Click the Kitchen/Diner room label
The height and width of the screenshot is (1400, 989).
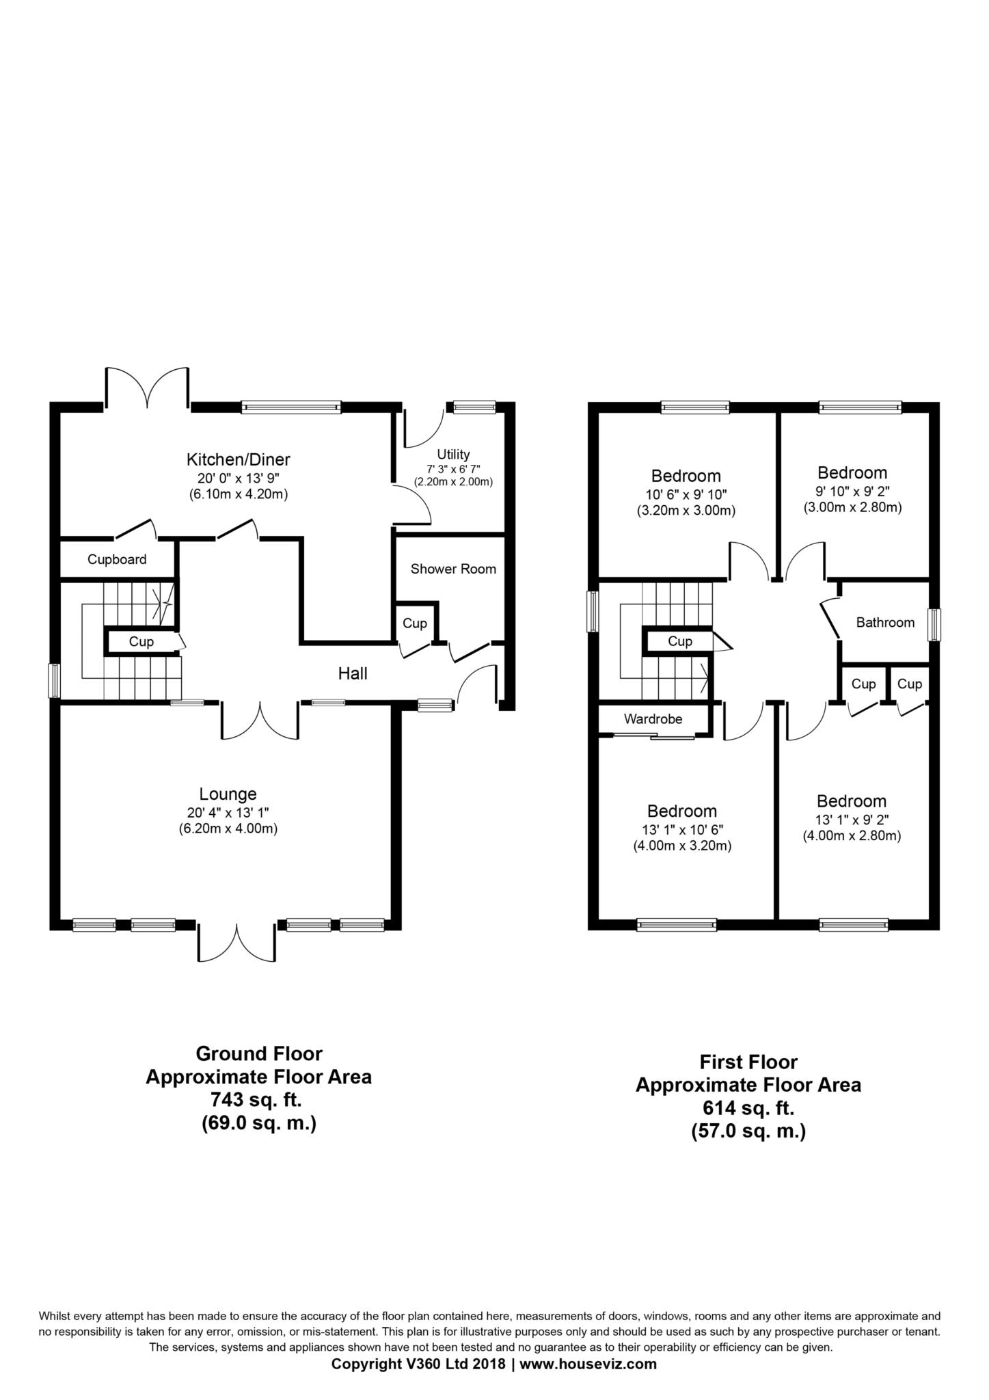(239, 459)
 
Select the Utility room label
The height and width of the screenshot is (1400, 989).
(453, 455)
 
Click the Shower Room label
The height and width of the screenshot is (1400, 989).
(453, 569)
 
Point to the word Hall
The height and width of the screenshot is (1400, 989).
(353, 674)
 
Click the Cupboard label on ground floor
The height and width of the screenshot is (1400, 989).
(117, 559)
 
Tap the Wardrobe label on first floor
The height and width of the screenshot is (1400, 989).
(653, 719)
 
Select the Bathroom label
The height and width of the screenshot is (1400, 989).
(885, 622)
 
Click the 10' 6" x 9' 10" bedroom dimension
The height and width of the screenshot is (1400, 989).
(686, 494)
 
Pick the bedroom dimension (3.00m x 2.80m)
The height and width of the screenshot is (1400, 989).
(852, 507)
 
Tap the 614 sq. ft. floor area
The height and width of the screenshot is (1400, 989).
(748, 1108)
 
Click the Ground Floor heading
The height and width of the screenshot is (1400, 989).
(259, 1053)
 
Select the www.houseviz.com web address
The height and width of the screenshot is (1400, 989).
(588, 1363)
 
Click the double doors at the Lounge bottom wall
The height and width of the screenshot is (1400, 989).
(237, 943)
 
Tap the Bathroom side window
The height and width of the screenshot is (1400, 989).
(934, 625)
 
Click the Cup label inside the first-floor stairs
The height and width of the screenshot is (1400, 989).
(680, 641)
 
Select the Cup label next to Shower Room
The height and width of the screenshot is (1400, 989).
(415, 623)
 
